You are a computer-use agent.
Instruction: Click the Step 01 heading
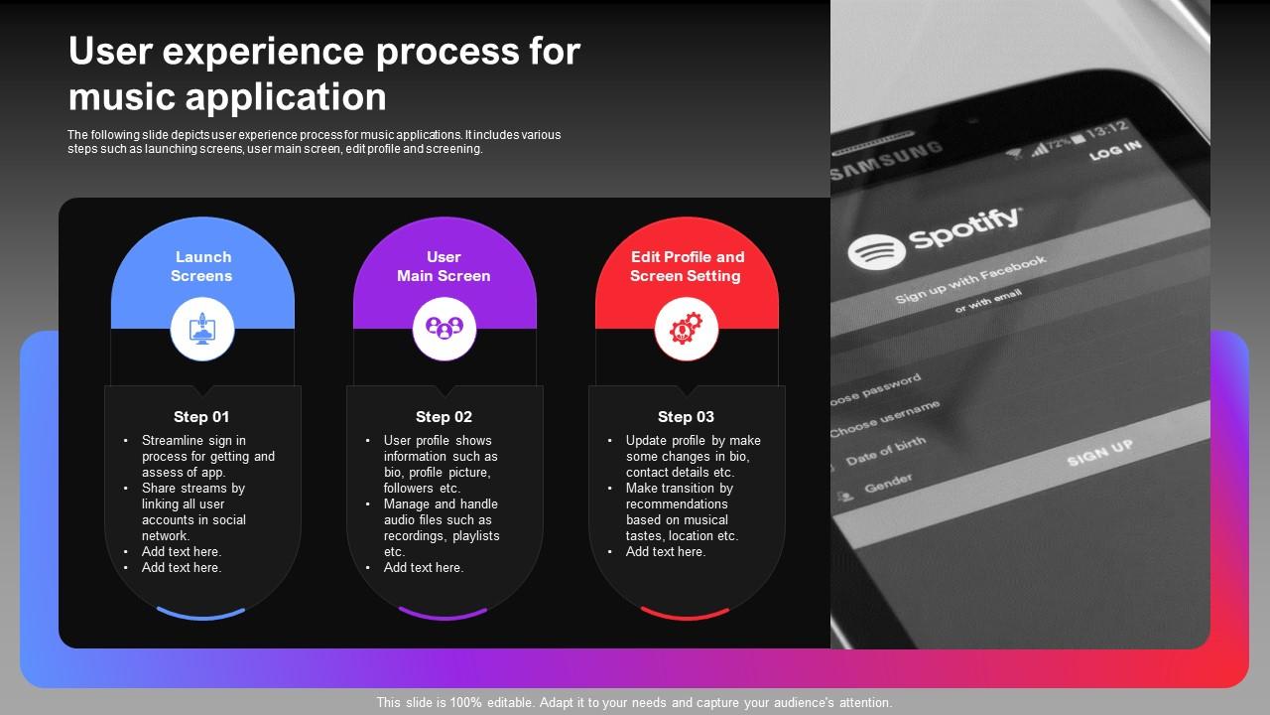(x=201, y=417)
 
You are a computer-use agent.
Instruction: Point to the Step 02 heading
(x=444, y=417)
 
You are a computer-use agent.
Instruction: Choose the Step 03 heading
(x=686, y=417)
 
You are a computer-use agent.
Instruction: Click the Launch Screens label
(x=202, y=266)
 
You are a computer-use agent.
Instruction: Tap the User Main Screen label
(x=444, y=266)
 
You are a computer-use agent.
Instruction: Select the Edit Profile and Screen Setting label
(x=687, y=266)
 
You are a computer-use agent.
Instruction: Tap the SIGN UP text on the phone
(x=1099, y=454)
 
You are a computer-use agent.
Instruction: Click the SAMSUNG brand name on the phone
(x=886, y=162)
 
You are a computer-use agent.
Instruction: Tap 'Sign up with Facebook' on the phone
(x=970, y=280)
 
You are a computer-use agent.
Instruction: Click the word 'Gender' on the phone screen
(x=888, y=484)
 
